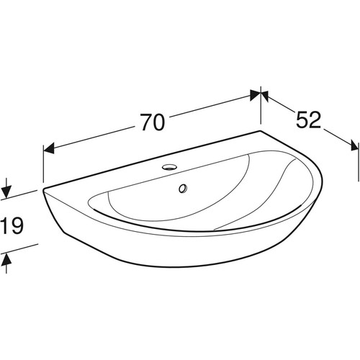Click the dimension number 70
[153, 122]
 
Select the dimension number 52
[308, 120]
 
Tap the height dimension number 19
[12, 225]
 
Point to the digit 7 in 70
[146, 122]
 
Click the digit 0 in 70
[159, 122]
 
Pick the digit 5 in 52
[302, 120]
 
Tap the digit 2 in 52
[315, 120]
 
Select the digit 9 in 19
[17, 225]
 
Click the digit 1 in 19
[5, 225]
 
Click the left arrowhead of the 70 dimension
[48, 149]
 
